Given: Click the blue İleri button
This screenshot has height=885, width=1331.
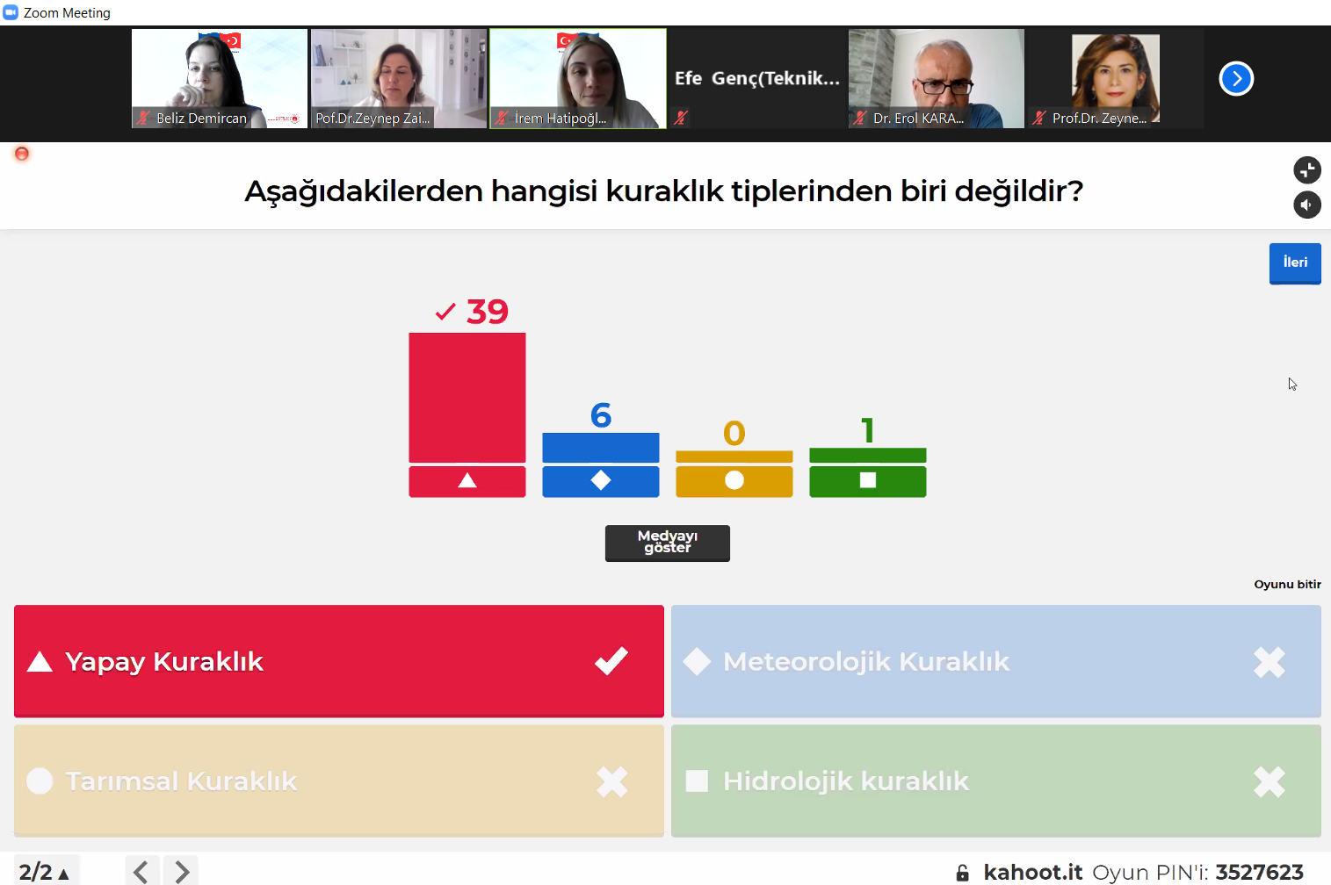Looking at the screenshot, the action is (1295, 263).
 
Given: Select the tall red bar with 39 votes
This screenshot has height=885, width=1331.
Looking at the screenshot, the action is (467, 398).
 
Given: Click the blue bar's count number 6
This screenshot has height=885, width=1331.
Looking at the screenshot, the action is (601, 415).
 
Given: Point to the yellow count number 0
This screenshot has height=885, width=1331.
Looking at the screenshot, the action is (734, 433).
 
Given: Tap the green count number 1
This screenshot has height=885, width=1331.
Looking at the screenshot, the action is (868, 430).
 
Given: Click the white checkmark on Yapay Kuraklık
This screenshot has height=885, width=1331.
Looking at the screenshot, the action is (611, 661).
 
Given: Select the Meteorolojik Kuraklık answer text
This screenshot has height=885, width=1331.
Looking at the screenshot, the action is (865, 662).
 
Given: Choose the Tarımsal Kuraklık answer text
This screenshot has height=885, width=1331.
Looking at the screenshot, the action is (181, 781).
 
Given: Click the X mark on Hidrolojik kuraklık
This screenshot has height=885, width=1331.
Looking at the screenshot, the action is (1270, 781).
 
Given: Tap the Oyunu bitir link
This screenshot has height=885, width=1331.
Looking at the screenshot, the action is (1287, 585).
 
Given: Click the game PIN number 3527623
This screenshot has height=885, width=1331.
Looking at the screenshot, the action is (1259, 873).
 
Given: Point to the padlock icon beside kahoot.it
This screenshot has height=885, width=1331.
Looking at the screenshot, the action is (962, 873).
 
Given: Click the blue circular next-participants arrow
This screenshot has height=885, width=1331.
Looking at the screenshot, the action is (1236, 78).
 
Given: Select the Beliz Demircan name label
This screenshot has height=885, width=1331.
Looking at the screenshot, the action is (201, 119).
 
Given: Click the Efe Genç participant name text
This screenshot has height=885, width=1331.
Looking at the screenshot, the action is (757, 78).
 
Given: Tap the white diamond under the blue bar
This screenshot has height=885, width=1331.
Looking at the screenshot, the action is (601, 480).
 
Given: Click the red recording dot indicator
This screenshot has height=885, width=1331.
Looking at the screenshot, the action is (22, 154).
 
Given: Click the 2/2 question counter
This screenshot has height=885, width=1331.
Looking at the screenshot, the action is (35, 873).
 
